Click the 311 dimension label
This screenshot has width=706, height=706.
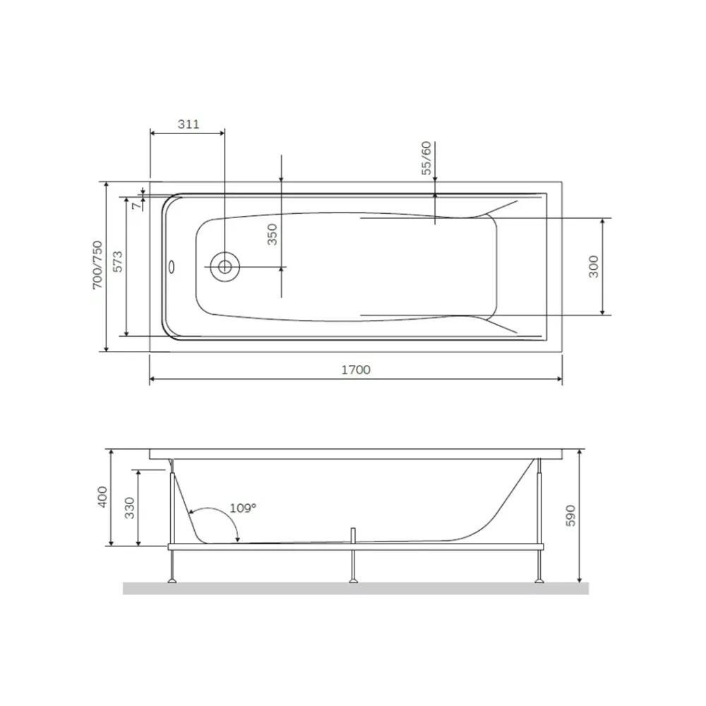click(x=189, y=124)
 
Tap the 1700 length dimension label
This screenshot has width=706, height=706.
click(x=356, y=370)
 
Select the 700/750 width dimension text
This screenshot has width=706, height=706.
click(x=97, y=265)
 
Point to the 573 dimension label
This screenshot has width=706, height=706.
click(x=117, y=262)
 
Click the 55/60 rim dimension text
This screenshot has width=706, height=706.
click(x=426, y=158)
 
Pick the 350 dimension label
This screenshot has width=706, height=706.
click(x=273, y=234)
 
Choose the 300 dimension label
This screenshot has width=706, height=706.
click(x=594, y=266)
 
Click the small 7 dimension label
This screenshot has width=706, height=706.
click(x=136, y=205)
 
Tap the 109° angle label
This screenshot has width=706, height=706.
click(x=243, y=508)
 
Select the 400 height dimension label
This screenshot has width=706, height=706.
click(x=103, y=497)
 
